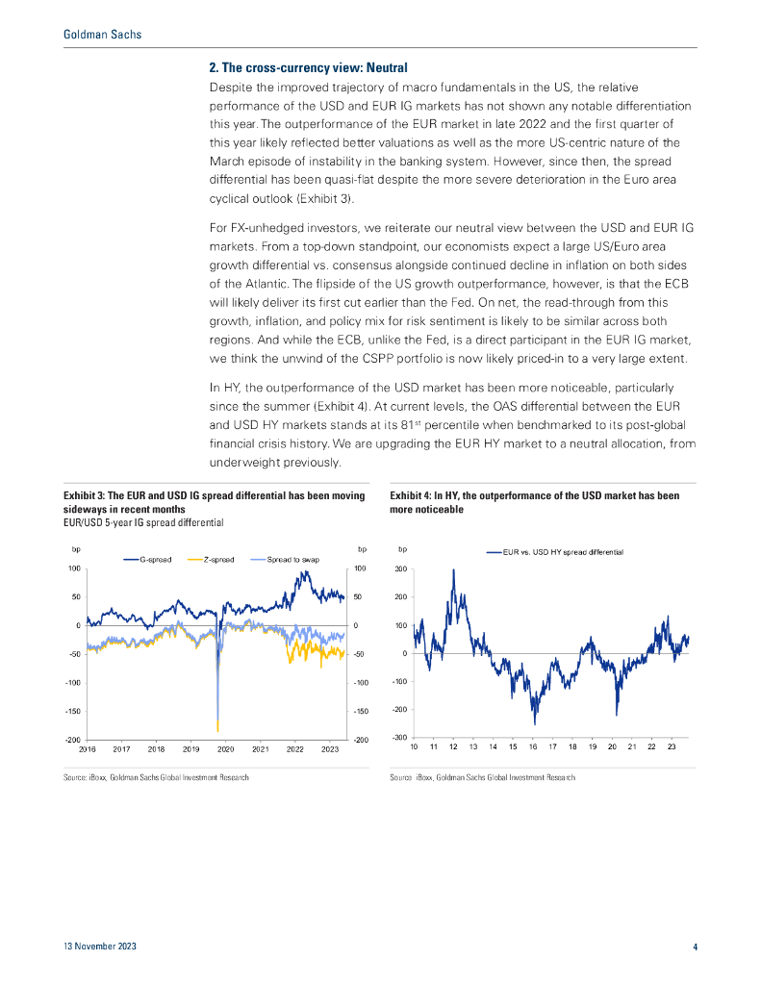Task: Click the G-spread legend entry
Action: (x=156, y=559)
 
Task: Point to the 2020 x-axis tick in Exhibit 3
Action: (x=225, y=748)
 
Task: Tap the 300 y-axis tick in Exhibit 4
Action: (x=400, y=569)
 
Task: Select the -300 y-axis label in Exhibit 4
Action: (x=398, y=737)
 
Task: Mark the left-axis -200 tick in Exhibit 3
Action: (x=72, y=740)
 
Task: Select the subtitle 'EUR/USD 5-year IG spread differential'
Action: (x=143, y=521)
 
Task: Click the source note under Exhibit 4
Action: (x=482, y=777)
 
